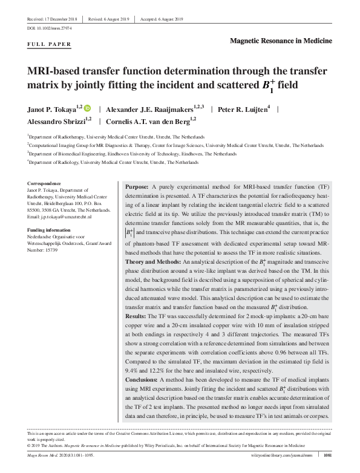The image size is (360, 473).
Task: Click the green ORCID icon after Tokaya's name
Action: [87, 109]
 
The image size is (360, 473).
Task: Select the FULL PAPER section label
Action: [50, 45]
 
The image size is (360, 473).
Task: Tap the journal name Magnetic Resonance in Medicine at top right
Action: [281, 40]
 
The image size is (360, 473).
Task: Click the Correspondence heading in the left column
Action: [45, 183]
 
